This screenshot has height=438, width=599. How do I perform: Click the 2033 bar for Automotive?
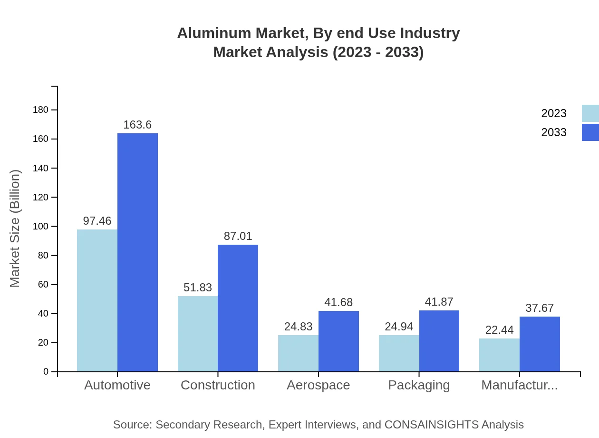[137, 252]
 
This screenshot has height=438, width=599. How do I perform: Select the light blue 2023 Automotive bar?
[97, 300]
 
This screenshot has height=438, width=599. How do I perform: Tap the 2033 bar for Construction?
[238, 308]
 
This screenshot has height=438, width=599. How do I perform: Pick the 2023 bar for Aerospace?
[298, 353]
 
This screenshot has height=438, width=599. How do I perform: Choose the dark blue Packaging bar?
[439, 341]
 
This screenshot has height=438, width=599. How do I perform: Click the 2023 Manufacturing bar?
[499, 355]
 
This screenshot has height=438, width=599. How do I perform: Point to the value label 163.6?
[137, 125]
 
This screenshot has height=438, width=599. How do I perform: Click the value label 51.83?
[198, 288]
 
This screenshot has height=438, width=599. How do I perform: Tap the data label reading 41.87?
[439, 302]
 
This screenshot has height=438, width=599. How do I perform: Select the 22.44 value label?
[499, 330]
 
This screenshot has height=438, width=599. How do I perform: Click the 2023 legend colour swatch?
[590, 113]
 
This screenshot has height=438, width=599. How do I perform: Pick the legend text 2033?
[554, 132]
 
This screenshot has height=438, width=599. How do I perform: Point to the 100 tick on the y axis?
[41, 226]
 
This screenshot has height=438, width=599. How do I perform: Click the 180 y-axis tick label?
[41, 110]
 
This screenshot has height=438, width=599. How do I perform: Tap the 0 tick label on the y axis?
[46, 371]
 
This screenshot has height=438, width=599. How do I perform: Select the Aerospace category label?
[318, 385]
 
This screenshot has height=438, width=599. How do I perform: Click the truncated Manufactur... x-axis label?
[519, 385]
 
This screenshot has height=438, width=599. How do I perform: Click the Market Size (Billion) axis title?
[15, 229]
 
